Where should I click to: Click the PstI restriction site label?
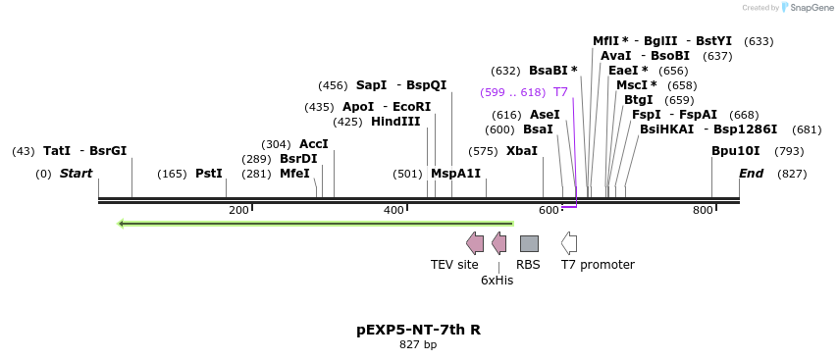[209, 174]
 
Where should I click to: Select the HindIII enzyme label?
[395, 122]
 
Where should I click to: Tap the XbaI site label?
[522, 151]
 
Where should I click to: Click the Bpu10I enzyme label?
[736, 151]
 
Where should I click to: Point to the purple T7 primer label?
[560, 92]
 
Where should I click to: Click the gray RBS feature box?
[529, 243]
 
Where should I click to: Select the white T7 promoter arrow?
[569, 243]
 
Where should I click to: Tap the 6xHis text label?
[497, 280]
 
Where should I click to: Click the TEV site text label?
[454, 264]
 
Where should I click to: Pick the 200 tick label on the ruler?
[238, 210]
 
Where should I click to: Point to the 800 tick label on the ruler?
[703, 210]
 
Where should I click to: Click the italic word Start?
[76, 174]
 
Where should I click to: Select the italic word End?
[751, 174]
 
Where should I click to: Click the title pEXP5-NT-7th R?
[418, 330]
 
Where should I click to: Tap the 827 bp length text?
[418, 344]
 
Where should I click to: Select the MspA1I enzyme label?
[455, 174]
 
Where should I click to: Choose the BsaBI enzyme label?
[553, 71]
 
